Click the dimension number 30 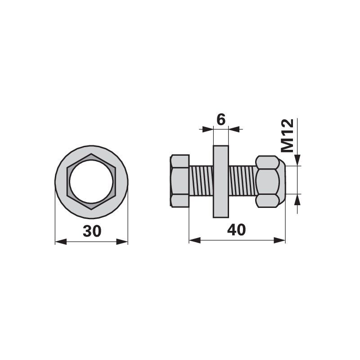[x=92, y=231]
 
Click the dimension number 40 [x=236, y=230]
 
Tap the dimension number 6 [x=221, y=120]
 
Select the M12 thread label [x=288, y=135]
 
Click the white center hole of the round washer [x=91, y=182]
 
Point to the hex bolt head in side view [x=180, y=181]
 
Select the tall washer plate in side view [x=221, y=181]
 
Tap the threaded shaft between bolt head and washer [x=201, y=181]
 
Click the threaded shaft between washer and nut [x=243, y=181]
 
